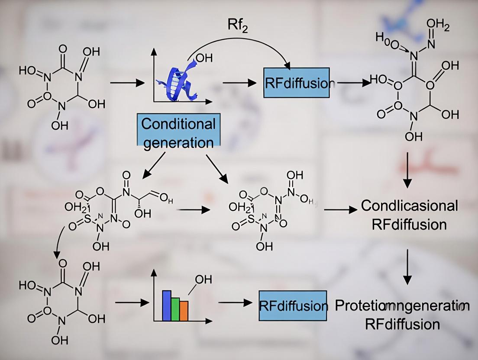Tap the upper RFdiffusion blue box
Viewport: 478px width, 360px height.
point(297,82)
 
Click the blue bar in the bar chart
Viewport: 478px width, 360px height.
point(167,305)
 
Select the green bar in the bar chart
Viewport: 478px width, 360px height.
point(175,309)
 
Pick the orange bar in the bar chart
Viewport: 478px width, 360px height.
point(184,311)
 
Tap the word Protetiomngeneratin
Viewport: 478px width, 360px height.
point(402,306)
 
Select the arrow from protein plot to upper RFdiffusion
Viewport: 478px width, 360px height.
point(236,82)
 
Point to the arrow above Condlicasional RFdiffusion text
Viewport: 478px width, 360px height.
point(407,168)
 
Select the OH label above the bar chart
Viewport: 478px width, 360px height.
point(203,280)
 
